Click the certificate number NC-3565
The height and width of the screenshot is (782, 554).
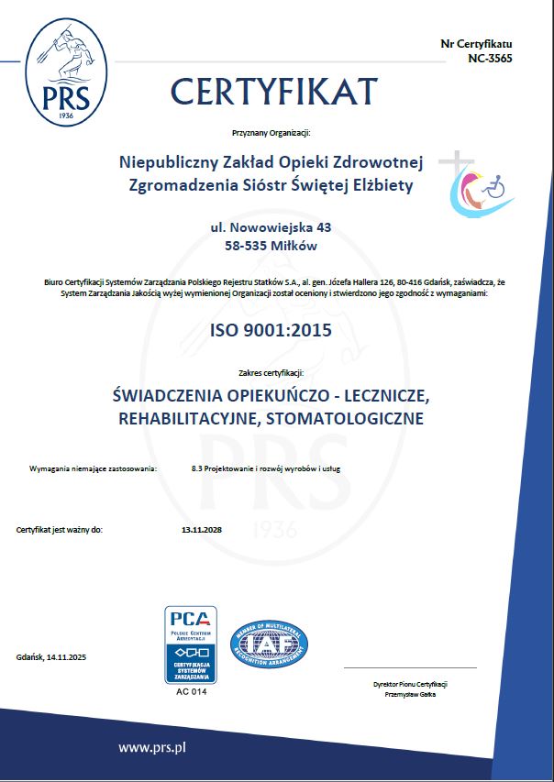(x=490, y=58)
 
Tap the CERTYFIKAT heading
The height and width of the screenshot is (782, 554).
(x=273, y=91)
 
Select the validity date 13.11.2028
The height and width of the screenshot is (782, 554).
(x=203, y=530)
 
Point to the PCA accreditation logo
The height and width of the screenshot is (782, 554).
(x=191, y=644)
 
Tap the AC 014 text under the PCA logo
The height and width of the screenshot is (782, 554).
(x=191, y=690)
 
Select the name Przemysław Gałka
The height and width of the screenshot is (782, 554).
(x=410, y=695)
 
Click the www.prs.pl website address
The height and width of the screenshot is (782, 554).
(x=152, y=747)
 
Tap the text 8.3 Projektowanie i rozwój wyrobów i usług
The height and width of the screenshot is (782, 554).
(x=266, y=468)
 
